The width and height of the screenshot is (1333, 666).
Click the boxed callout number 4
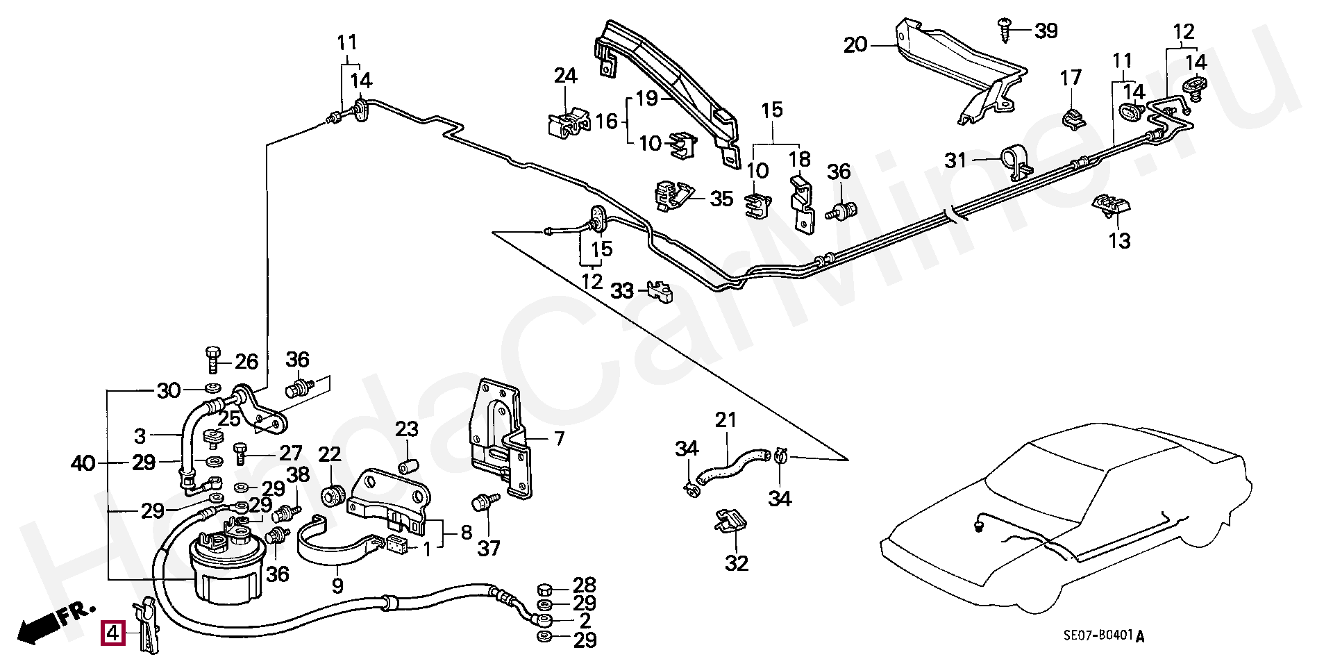tap(112, 633)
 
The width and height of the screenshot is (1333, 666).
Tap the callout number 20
tap(855, 45)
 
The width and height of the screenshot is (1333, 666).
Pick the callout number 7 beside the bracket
tap(559, 438)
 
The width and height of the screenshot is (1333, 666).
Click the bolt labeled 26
tap(213, 359)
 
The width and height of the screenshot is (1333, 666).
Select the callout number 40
tap(83, 463)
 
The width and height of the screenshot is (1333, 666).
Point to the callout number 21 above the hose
tap(726, 419)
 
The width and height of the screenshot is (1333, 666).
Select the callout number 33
tap(622, 291)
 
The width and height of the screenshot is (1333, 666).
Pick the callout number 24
tap(565, 76)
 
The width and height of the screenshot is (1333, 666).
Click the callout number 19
tap(646, 99)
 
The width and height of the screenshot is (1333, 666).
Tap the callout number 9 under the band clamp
tap(337, 586)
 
